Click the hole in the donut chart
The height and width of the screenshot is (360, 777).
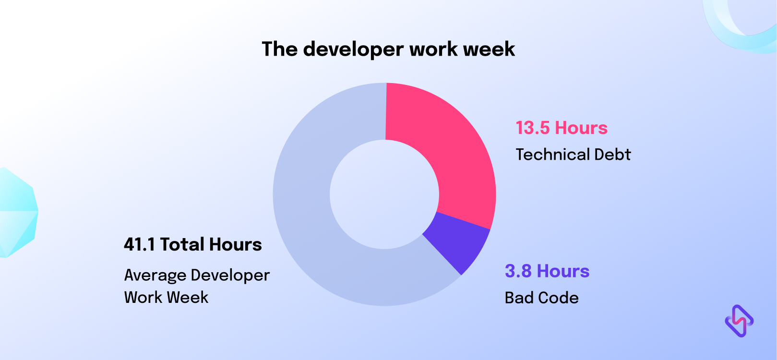click(384, 194)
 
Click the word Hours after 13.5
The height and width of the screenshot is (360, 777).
click(581, 128)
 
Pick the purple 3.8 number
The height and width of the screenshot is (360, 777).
click(518, 271)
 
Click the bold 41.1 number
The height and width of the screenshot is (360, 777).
click(139, 244)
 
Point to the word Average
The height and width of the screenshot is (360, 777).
click(155, 276)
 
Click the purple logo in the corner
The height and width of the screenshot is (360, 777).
click(739, 321)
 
